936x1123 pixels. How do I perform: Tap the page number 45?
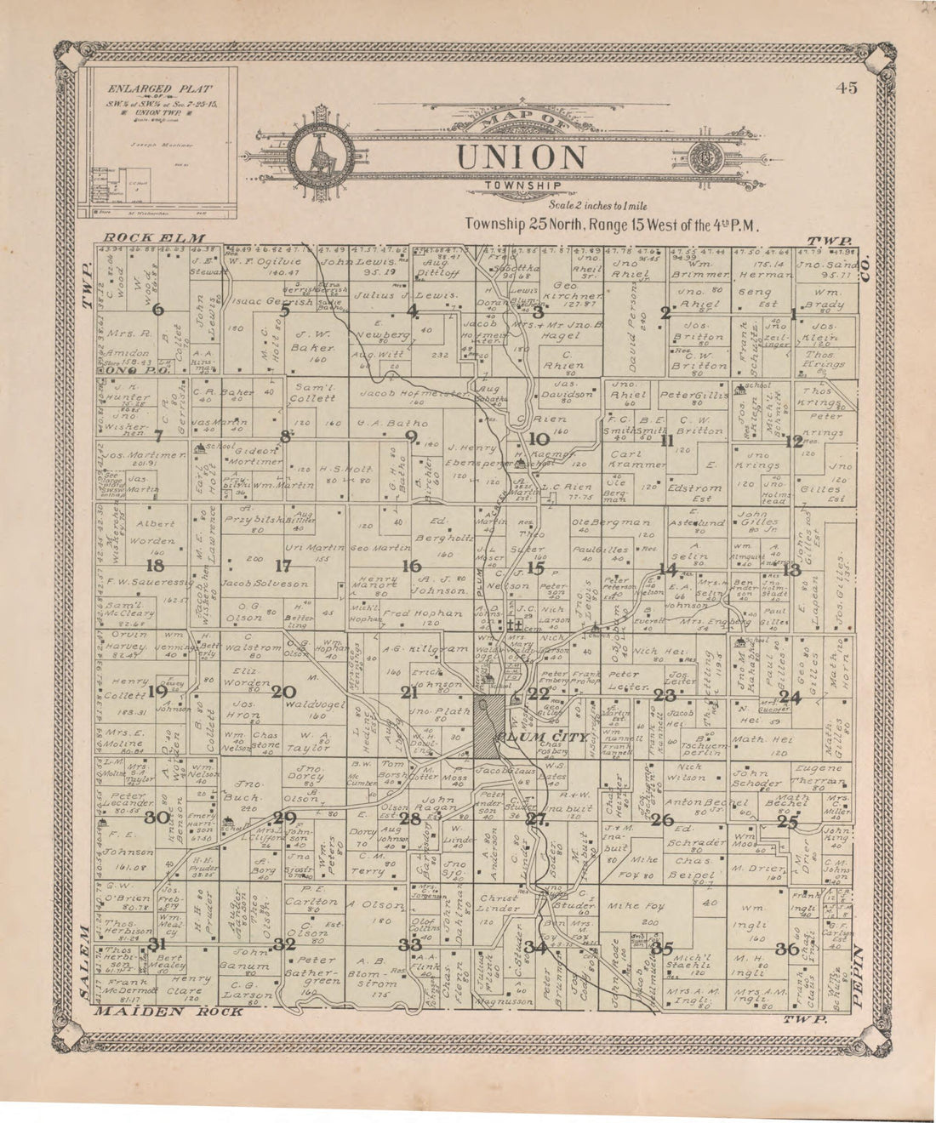[846, 88]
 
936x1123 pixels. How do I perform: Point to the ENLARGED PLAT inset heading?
[159, 88]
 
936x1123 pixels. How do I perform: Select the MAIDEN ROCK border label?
[168, 1012]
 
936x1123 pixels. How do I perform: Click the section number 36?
[786, 948]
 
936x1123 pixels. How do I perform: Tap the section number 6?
[157, 310]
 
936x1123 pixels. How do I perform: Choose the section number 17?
[283, 565]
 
